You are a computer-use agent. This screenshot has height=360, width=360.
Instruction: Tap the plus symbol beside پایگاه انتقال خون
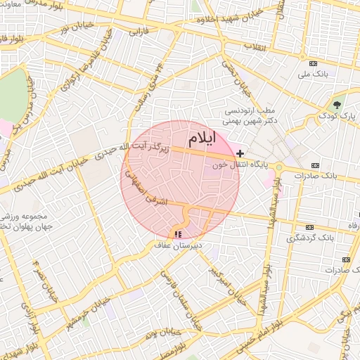click(x=240, y=153)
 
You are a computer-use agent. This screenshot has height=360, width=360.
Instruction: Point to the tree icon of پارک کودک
click(x=337, y=104)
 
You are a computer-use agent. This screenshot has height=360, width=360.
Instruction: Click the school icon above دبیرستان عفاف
click(x=177, y=233)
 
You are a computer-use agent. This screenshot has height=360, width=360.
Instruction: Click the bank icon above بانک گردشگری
click(x=310, y=228)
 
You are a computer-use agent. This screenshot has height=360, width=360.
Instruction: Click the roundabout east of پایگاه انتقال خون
click(x=279, y=167)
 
